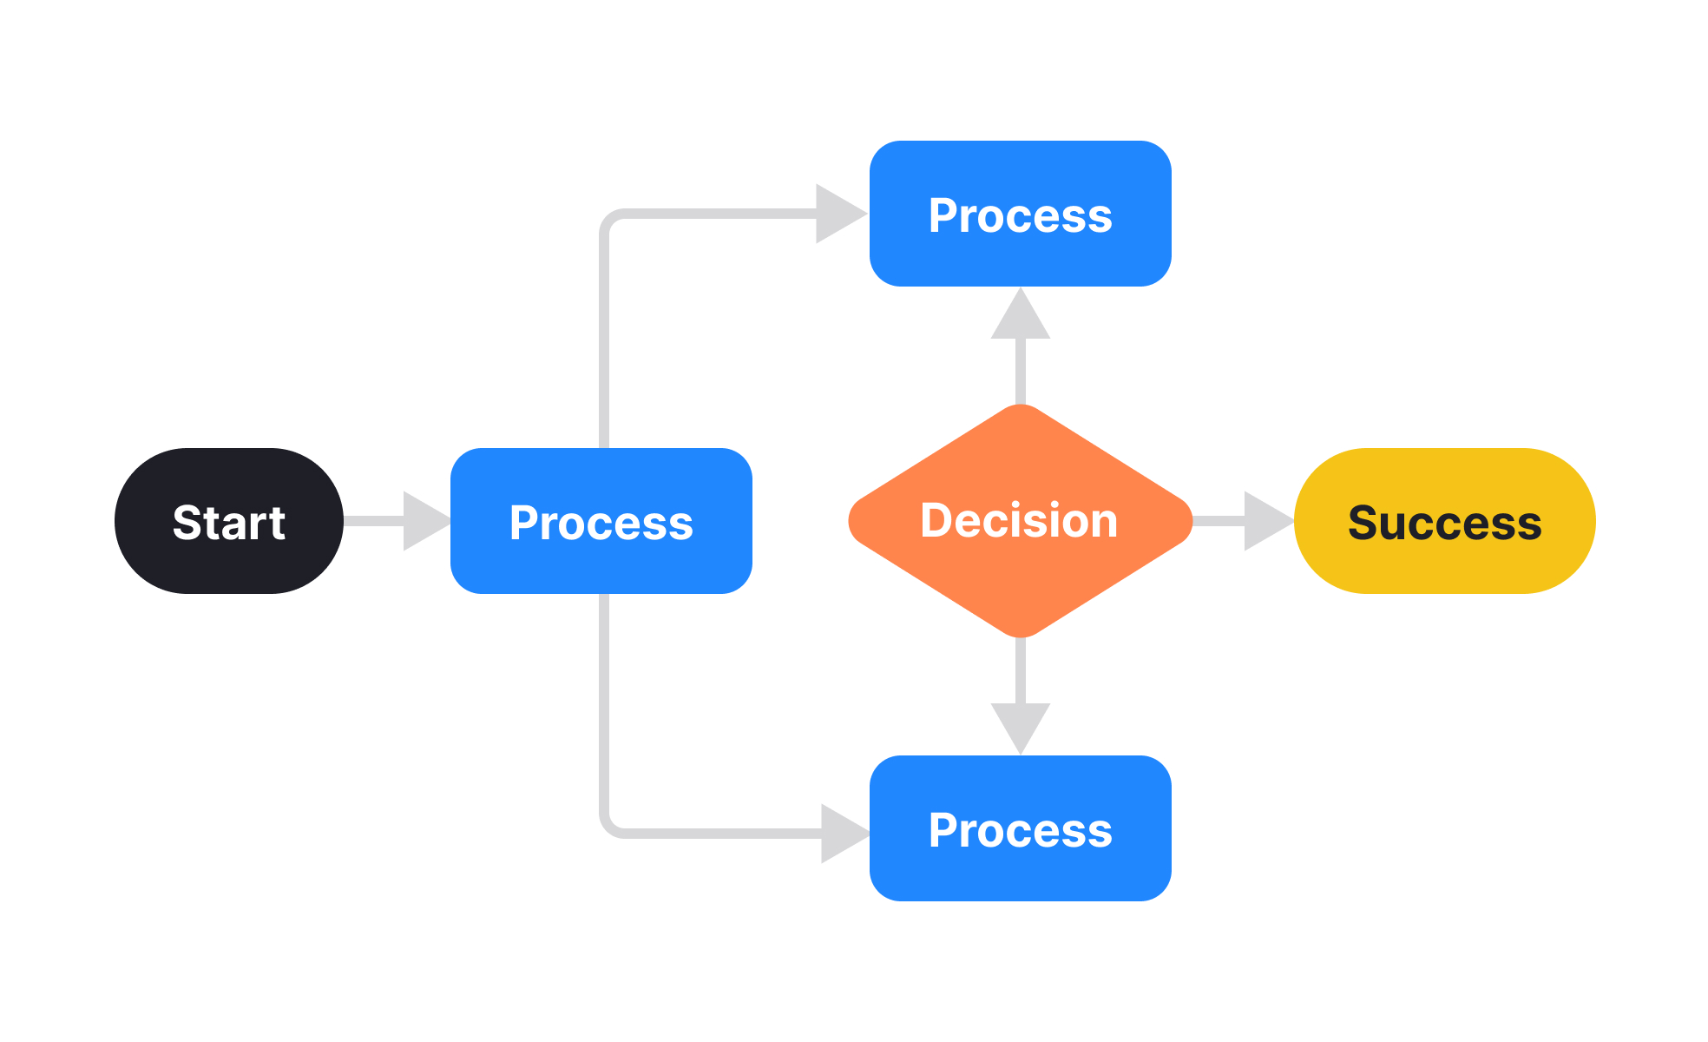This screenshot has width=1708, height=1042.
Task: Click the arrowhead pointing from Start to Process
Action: click(x=425, y=521)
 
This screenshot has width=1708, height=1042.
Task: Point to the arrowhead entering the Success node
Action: click(x=1266, y=521)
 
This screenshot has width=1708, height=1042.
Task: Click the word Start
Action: click(x=229, y=523)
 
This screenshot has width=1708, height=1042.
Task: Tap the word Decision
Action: click(x=1019, y=520)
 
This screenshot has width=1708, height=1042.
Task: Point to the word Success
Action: click(x=1444, y=523)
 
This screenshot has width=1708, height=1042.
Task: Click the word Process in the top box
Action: click(x=1021, y=215)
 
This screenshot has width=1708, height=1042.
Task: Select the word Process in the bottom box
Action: click(x=1021, y=830)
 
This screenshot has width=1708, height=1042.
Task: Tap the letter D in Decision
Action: click(x=937, y=520)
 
